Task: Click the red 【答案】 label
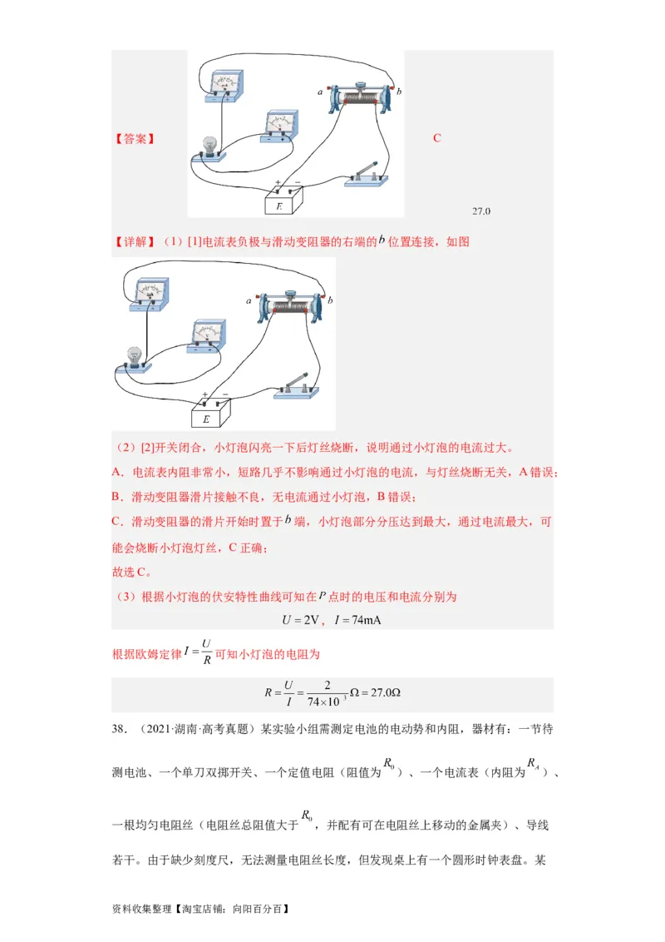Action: click(x=134, y=139)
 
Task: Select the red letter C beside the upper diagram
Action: click(x=437, y=138)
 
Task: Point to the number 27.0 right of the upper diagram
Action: click(x=481, y=211)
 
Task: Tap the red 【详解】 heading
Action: click(x=134, y=242)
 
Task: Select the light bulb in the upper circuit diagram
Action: click(x=209, y=146)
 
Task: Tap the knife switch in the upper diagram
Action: click(x=365, y=175)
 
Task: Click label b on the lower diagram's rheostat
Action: click(x=330, y=300)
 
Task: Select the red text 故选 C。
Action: click(x=132, y=572)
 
